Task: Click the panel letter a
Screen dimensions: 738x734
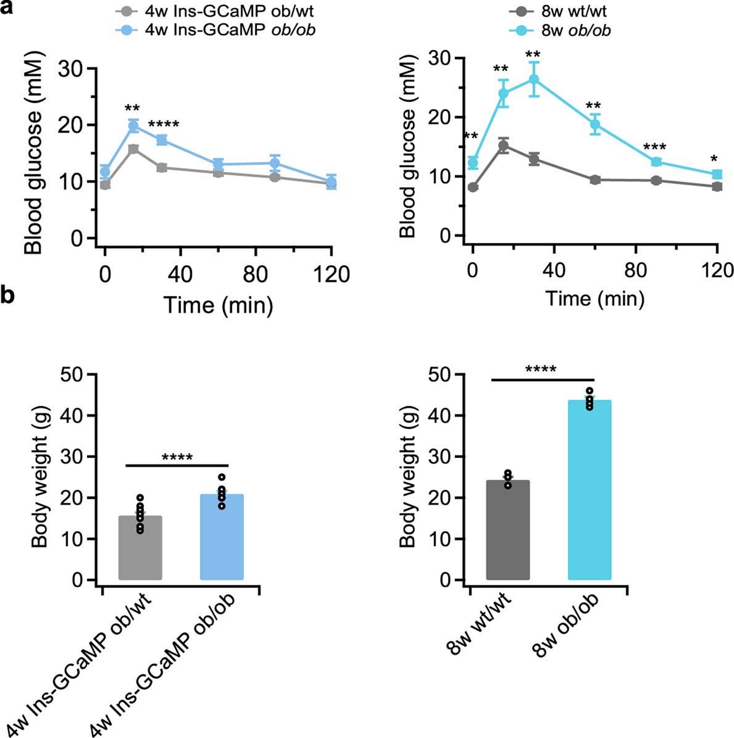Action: point(8,9)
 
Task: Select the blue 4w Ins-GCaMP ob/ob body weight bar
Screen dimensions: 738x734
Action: point(222,536)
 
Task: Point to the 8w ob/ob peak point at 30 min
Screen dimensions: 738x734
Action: point(534,80)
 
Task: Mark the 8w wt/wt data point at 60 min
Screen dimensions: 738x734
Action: point(595,180)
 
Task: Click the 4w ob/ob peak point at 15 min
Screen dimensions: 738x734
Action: point(133,126)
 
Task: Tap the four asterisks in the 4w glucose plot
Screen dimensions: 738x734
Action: point(163,125)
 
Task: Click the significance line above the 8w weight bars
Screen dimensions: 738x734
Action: point(543,379)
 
